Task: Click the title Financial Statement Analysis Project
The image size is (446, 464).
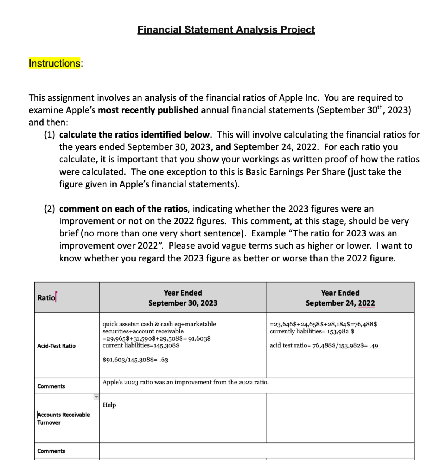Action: point(226,30)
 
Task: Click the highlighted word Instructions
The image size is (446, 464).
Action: point(54,64)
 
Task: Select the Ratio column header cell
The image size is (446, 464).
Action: point(46,298)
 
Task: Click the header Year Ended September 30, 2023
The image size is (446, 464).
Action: point(183,298)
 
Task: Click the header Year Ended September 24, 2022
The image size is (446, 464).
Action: point(340,298)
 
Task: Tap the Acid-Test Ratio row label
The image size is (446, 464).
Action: point(56,346)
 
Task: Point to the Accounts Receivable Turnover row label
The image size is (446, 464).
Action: point(63,419)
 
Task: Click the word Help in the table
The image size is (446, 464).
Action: point(109,405)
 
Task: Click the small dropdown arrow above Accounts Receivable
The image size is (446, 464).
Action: point(96,397)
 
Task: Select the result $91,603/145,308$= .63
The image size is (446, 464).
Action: point(135,360)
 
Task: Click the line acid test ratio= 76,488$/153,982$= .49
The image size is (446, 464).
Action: point(324,346)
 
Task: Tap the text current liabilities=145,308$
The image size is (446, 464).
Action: point(141,345)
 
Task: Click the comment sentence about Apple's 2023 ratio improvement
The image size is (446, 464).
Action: point(185,382)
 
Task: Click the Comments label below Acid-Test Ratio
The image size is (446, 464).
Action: point(51,386)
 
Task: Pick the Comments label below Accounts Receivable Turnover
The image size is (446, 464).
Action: point(51,451)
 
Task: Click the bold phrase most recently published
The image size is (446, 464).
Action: point(148,110)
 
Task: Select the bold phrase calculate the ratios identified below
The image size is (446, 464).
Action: point(134,135)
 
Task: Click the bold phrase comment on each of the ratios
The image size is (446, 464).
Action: point(123,209)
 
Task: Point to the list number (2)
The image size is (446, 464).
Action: point(50,209)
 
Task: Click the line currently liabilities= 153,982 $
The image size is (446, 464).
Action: point(312,331)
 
